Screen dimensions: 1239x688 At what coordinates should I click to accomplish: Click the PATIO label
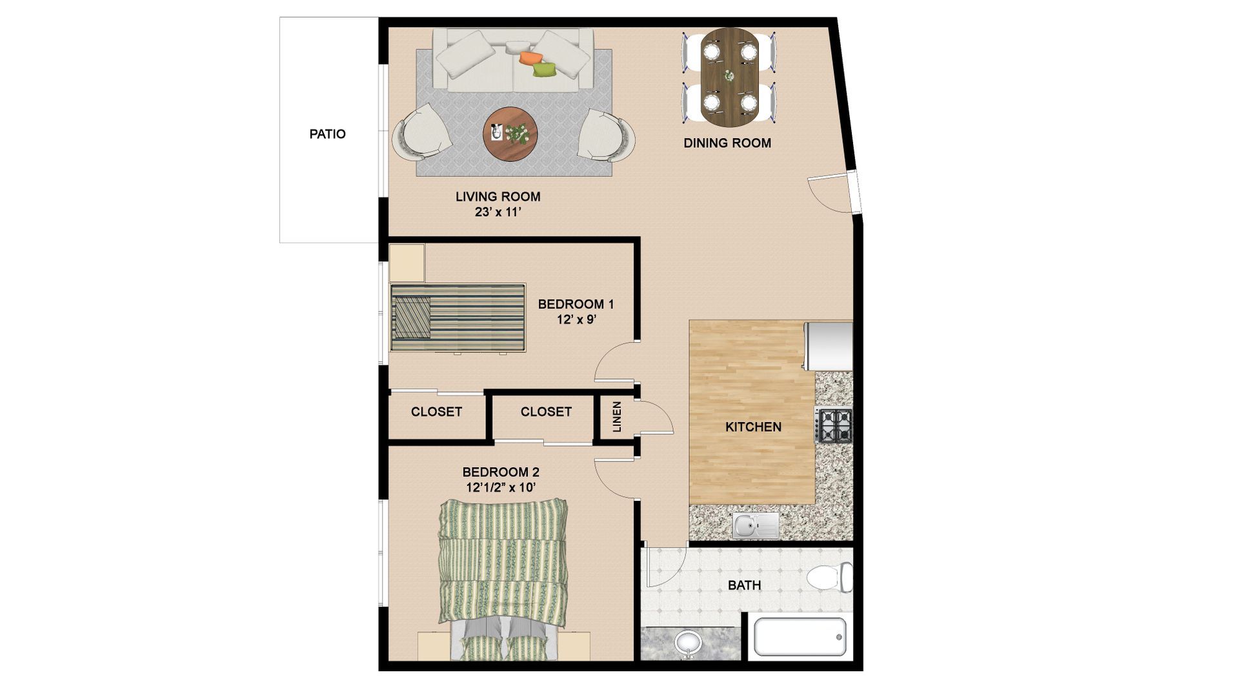coord(327,134)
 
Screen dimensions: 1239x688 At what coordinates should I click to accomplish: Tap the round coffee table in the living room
coord(510,134)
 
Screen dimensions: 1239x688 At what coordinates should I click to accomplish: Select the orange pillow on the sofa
coord(530,57)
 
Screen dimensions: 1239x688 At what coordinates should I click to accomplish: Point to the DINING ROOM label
coord(727,143)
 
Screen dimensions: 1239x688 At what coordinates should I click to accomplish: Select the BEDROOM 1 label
coord(576,304)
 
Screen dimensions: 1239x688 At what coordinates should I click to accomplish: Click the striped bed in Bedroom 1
coord(458,318)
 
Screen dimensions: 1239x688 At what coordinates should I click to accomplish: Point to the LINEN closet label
coord(617,417)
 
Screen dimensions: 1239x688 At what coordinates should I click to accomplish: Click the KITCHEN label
coord(753,427)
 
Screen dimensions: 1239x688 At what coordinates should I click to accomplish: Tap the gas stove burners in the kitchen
coord(835,425)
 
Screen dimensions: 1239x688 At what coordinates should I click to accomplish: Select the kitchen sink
coord(756,525)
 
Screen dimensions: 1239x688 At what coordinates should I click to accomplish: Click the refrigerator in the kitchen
coord(828,347)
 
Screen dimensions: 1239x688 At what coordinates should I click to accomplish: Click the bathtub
coord(800,637)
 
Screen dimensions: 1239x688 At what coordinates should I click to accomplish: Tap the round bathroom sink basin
coord(689,643)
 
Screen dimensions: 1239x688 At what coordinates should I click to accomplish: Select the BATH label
coord(744,586)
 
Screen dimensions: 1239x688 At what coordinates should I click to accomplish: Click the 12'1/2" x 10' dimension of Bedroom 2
coord(501,487)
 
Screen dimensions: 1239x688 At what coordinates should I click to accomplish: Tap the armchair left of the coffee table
coord(421,134)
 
